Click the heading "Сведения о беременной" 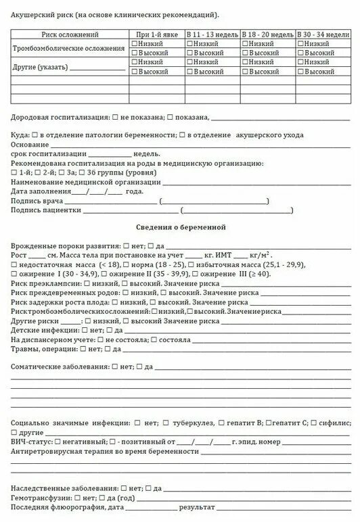pyautogui.click(x=180, y=227)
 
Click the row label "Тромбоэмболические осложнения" pyautogui.click(x=69, y=49)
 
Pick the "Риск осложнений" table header pyautogui.click(x=70, y=33)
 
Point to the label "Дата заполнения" pyautogui.click(x=40, y=191)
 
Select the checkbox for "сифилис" pyautogui.click(x=313, y=422)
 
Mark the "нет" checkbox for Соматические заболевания pyautogui.click(x=114, y=366)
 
